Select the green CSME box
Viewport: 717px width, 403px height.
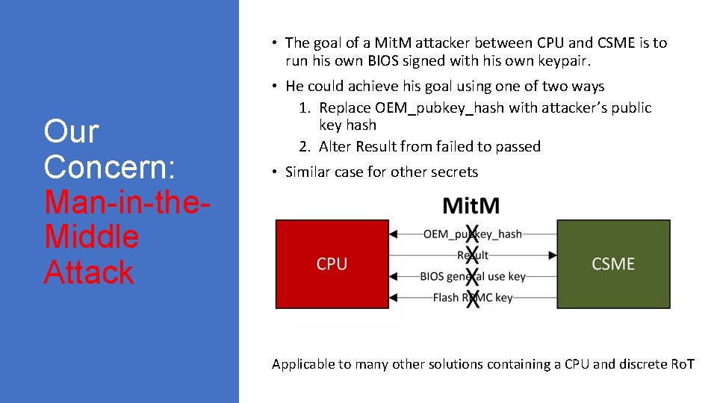coord(612,264)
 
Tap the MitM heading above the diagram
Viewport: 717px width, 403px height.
coord(471,205)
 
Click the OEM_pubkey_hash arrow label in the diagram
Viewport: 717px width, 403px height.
coord(472,234)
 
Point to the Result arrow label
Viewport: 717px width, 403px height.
coord(472,255)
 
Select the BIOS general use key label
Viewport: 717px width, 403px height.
coord(472,276)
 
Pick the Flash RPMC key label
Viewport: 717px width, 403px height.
coord(472,298)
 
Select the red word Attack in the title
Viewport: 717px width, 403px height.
coord(89,272)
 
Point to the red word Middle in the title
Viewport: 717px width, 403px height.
coord(91,237)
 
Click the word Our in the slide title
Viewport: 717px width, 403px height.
coord(71,131)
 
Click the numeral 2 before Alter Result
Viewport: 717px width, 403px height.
coord(303,146)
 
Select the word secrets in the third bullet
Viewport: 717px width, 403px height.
coord(453,172)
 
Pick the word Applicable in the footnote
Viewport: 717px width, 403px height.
coord(302,364)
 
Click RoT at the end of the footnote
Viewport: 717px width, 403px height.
coord(682,364)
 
